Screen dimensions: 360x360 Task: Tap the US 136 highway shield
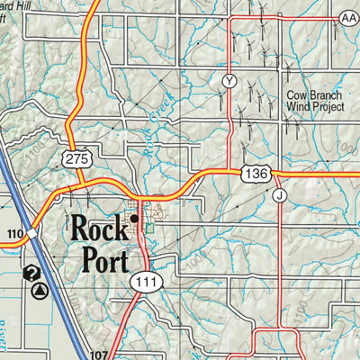click(x=251, y=171)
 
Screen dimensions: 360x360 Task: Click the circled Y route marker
click(x=229, y=82)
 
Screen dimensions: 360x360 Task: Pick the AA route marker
click(x=349, y=17)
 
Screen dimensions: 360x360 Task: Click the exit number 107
click(x=99, y=354)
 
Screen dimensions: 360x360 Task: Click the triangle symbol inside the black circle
click(x=40, y=290)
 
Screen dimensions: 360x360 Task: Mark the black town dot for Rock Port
click(x=134, y=219)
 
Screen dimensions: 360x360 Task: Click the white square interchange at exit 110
click(x=31, y=233)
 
